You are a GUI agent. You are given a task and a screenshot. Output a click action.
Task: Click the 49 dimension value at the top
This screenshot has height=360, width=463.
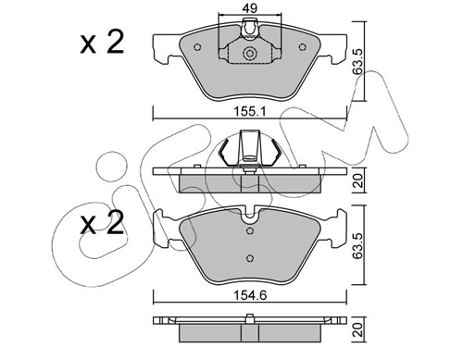tap(249, 8)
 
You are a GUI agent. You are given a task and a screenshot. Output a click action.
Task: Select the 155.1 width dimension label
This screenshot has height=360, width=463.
tap(249, 111)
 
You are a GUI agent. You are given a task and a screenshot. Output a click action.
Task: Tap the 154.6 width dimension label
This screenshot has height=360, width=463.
tap(249, 295)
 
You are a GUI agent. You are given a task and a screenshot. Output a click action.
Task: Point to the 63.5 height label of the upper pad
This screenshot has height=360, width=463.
tap(358, 61)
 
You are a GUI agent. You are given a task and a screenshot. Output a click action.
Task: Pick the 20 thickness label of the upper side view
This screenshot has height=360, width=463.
tap(358, 180)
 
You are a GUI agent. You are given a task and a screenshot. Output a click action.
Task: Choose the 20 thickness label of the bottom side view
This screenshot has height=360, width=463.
tap(358, 329)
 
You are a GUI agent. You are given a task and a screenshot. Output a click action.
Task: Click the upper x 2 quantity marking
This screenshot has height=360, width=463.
tap(102, 43)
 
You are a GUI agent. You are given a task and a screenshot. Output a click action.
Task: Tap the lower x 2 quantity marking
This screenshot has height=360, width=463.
tap(102, 223)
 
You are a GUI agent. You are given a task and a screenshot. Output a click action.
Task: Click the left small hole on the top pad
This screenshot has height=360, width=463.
tap(197, 47)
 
